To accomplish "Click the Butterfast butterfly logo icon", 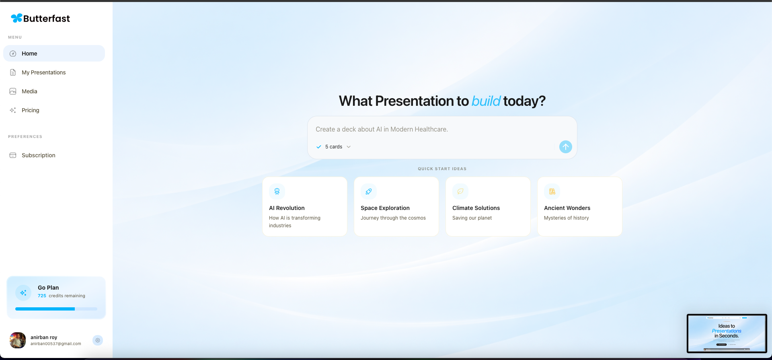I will (x=16, y=18).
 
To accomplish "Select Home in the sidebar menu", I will (x=29, y=53).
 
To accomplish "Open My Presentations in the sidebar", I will (x=43, y=72).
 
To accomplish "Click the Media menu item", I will (x=29, y=91).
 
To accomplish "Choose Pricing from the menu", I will (x=30, y=110).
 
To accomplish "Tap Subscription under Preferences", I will (x=38, y=155).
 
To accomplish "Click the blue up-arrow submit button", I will (x=565, y=147).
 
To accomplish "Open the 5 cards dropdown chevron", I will (x=349, y=147).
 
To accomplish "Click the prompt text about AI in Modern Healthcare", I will (x=382, y=129).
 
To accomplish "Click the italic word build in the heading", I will (x=486, y=101).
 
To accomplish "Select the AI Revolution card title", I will (x=287, y=208).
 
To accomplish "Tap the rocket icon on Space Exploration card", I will (x=368, y=191).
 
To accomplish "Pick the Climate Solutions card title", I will (x=476, y=208).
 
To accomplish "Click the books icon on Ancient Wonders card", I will (x=552, y=191).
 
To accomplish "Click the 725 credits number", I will (x=42, y=296).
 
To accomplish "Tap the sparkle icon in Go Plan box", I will (x=23, y=293).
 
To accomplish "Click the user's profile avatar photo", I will (x=18, y=340).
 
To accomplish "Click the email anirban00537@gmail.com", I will (x=56, y=344).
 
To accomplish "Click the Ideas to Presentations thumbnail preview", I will (x=727, y=333).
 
